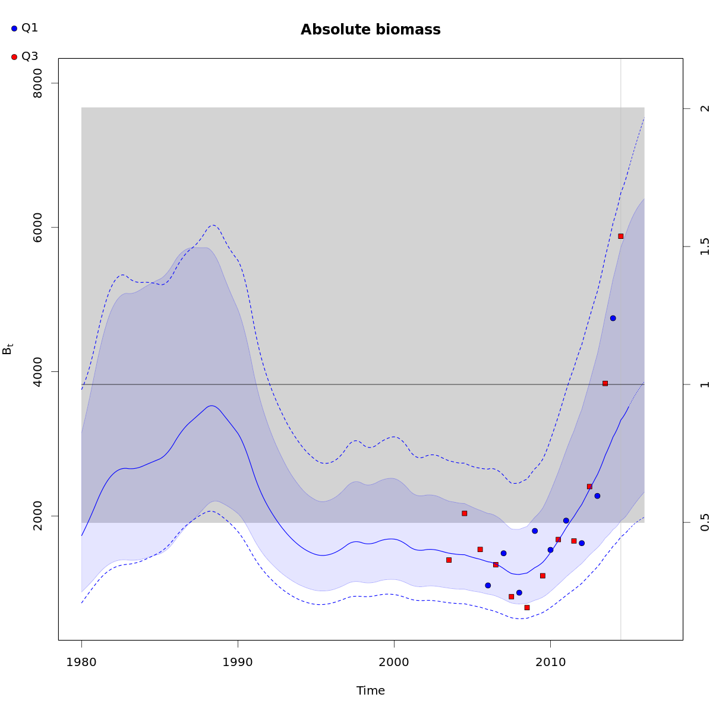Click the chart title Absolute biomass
[x=370, y=30]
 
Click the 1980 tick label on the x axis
[x=81, y=662]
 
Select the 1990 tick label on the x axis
[x=238, y=662]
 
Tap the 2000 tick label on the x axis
[x=394, y=662]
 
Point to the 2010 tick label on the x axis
[x=550, y=662]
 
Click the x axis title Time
[x=371, y=690]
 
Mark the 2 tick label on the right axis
[x=705, y=108]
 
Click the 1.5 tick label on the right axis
[x=705, y=247]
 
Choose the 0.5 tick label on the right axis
[x=705, y=522]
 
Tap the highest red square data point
[x=620, y=236]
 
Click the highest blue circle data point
[x=613, y=318]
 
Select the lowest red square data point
[x=526, y=607]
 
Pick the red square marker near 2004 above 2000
[x=464, y=513]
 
